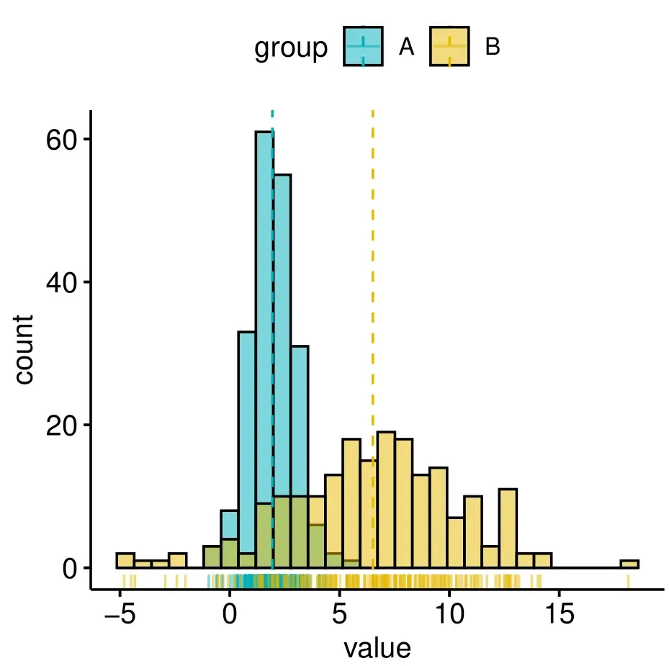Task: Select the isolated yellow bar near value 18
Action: [x=629, y=564]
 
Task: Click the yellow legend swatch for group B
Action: [x=450, y=48]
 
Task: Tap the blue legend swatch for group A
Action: [x=363, y=48]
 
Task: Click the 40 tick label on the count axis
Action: [x=61, y=282]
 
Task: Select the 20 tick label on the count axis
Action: [x=61, y=425]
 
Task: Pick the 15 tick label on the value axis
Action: [x=559, y=614]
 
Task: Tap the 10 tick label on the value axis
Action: [x=449, y=614]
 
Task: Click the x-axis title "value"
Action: [x=377, y=649]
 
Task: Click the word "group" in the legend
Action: [x=290, y=48]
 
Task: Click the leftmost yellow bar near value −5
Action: [x=125, y=561]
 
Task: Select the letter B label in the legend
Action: [x=493, y=48]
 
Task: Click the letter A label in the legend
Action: [x=407, y=48]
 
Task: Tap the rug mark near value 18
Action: [x=628, y=581]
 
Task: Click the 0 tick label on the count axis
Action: [x=71, y=568]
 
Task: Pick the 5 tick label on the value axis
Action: [x=339, y=614]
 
